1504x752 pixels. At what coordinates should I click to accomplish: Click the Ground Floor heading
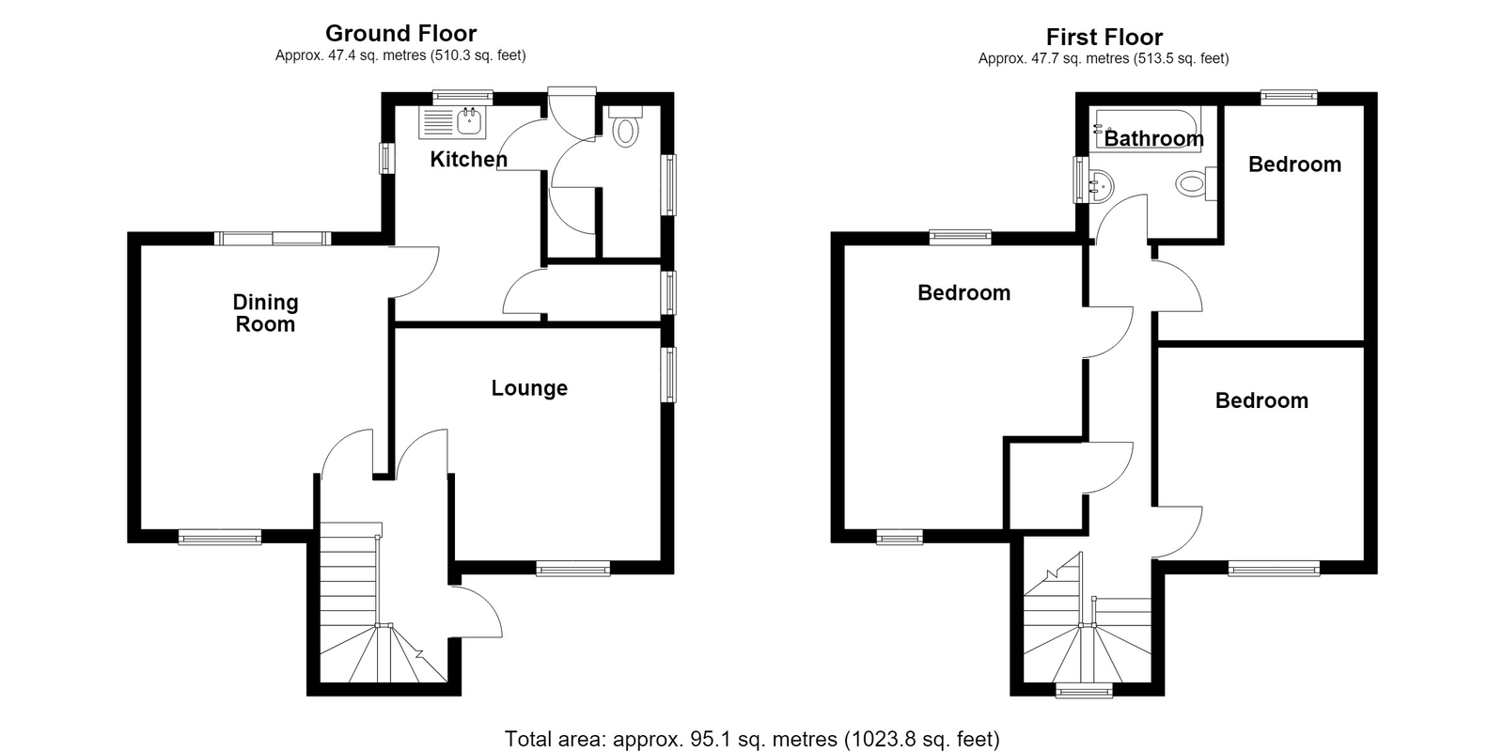point(400,33)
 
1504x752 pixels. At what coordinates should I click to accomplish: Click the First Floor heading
point(1104,37)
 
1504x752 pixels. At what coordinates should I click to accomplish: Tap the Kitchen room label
point(469,159)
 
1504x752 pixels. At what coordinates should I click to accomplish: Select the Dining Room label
point(265,313)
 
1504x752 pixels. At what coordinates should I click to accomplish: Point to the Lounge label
point(529,388)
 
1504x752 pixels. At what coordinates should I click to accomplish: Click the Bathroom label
point(1153,138)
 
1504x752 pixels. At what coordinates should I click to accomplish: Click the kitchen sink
point(452,122)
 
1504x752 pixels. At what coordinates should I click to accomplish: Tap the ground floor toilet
point(626,127)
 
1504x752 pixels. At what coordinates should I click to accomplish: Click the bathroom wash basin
point(1101,183)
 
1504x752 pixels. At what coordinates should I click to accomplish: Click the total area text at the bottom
point(752,739)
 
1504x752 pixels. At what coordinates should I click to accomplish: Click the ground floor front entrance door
point(477,611)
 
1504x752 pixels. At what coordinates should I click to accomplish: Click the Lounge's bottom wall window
point(572,570)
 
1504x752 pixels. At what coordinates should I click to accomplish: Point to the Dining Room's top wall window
point(273,238)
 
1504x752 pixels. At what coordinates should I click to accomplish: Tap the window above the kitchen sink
point(462,98)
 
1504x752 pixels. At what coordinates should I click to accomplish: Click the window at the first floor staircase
point(1085,690)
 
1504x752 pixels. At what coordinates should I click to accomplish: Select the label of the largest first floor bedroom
point(963,292)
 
